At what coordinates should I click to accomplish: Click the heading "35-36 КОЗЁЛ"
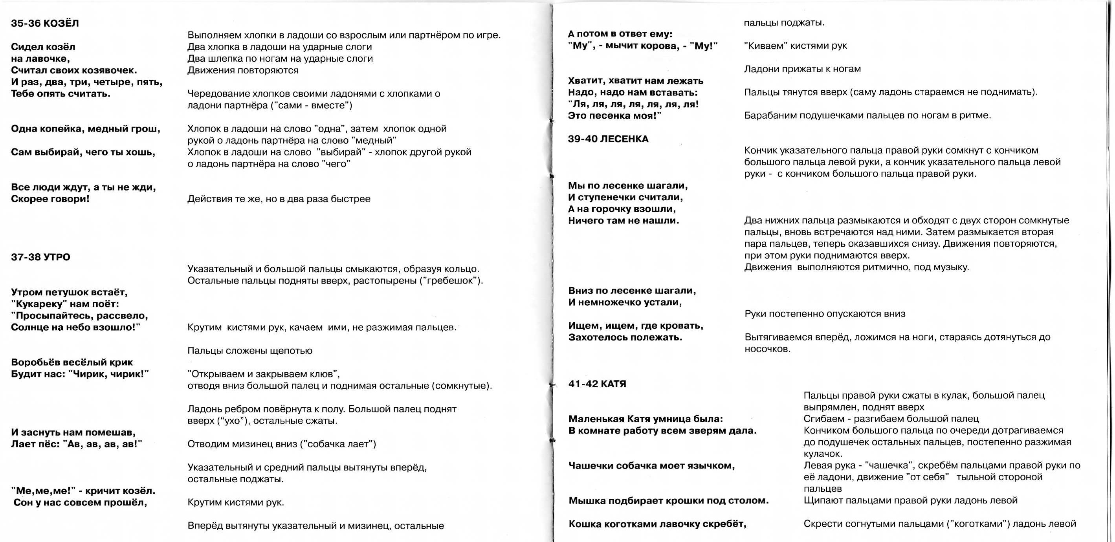[45, 23]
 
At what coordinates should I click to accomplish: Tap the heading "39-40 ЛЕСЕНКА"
[608, 139]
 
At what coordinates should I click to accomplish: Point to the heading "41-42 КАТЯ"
[597, 384]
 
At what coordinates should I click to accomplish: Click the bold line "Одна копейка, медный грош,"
[85, 129]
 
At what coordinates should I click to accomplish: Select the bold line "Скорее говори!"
[50, 199]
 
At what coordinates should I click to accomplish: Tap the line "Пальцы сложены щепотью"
[250, 350]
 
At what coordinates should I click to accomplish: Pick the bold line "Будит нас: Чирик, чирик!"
[80, 374]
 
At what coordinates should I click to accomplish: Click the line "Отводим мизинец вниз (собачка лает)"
[282, 444]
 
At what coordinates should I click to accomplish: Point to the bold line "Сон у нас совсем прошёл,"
[80, 502]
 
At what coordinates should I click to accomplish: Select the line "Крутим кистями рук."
[235, 502]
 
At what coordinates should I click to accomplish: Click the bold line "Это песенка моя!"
[614, 116]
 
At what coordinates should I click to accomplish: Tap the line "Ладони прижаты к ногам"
[802, 69]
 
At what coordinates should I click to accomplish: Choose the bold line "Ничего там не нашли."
[623, 221]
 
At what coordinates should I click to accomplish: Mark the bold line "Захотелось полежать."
[625, 337]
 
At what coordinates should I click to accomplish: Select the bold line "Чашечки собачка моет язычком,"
[651, 465]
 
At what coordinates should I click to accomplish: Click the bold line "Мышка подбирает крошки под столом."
[668, 500]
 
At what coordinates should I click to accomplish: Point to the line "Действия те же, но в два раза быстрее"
[279, 199]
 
